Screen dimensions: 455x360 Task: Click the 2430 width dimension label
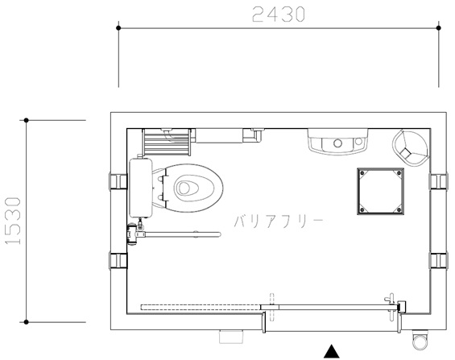279,14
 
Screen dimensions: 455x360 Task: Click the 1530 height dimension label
14,221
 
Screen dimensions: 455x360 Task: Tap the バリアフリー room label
279,221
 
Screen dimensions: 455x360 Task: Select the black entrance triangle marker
331,351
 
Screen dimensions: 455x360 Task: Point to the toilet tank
141,188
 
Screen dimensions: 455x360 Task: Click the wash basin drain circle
337,143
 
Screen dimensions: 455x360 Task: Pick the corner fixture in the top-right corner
411,148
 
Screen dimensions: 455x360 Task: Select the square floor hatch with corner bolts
380,191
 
